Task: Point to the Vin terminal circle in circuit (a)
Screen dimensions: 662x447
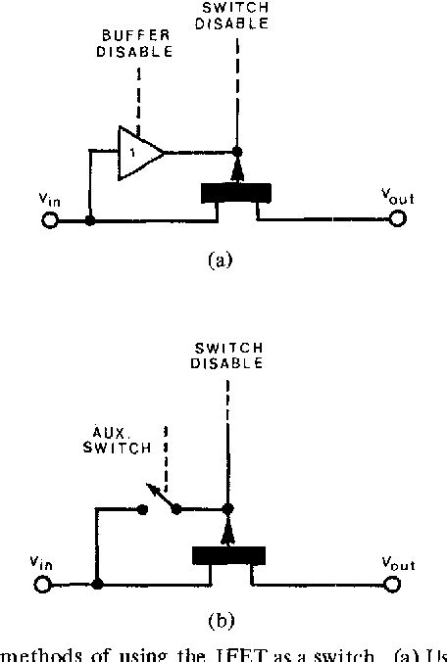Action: pos(47,221)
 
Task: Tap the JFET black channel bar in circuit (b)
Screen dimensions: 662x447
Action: pos(228,554)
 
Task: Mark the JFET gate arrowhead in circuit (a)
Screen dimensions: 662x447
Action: pos(236,172)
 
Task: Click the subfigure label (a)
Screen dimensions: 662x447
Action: pos(221,260)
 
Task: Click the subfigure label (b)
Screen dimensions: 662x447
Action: pos(221,620)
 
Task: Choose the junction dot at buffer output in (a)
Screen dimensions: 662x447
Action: pos(236,153)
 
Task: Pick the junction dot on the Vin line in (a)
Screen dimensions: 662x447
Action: pos(90,221)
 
